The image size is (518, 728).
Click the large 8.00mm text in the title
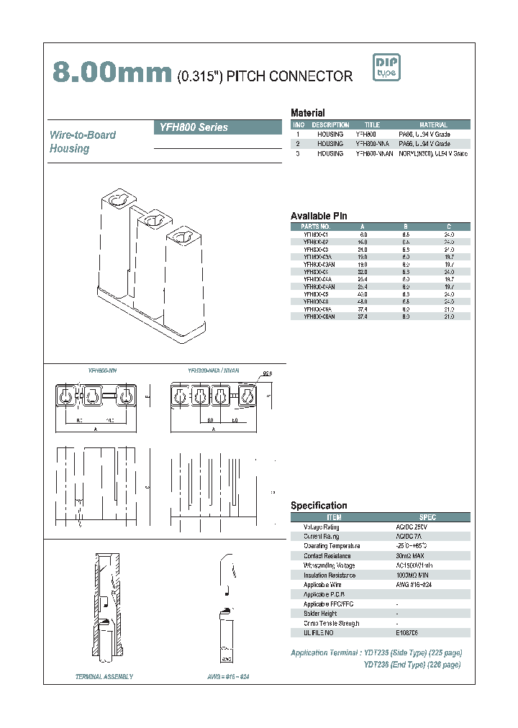[112, 71]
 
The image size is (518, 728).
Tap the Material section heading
[307, 113]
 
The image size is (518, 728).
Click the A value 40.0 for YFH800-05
[363, 294]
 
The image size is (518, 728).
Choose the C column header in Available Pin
[448, 226]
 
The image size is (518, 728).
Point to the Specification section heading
[319, 506]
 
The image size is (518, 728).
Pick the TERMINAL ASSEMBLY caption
[104, 677]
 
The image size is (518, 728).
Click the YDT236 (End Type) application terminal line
[412, 665]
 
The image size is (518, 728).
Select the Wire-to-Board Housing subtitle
[83, 142]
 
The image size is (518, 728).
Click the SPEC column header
[427, 517]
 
